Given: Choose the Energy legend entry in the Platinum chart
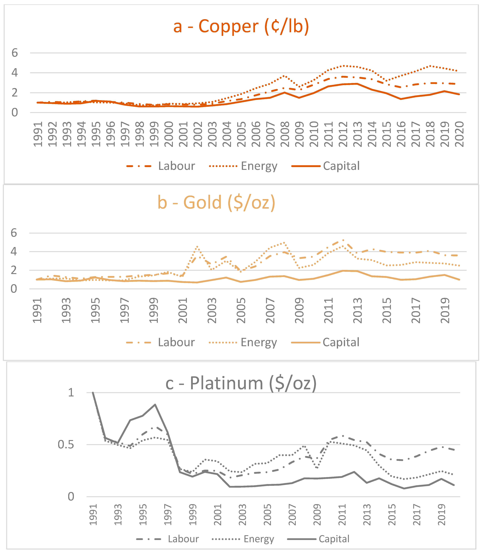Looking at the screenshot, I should coord(243,539).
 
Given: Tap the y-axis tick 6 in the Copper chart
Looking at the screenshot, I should coord(15,53).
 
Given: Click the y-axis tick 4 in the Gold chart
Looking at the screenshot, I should coord(14,252).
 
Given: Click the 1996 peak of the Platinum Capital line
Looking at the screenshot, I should coord(155,404).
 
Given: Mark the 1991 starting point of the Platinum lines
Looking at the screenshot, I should coord(93,392).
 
